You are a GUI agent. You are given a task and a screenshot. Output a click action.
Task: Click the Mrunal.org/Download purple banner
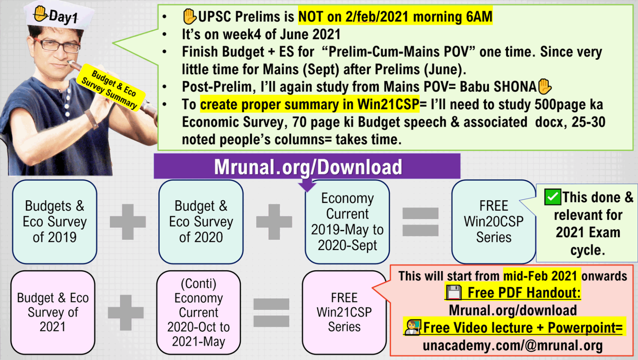tap(307, 167)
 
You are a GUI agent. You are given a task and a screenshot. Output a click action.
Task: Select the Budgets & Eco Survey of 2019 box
tap(54, 222)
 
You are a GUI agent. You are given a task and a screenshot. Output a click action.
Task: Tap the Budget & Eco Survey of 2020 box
tap(201, 222)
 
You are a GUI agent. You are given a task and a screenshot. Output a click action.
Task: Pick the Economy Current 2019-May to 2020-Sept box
tap(347, 222)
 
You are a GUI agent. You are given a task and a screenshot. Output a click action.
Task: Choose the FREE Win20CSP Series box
tap(493, 222)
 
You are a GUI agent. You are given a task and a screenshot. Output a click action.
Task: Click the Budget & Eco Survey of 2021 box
tap(53, 312)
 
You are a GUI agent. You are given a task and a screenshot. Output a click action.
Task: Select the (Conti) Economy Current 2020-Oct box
tap(199, 312)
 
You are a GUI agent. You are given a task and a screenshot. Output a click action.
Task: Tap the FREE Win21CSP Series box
tap(344, 312)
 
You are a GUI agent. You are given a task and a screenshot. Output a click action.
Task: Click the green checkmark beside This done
tap(552, 197)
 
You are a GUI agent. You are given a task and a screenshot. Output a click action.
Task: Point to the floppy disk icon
tap(454, 292)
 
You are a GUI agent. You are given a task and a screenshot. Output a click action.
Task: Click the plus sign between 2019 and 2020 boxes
tap(128, 222)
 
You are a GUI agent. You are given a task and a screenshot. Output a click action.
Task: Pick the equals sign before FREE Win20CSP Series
tap(420, 222)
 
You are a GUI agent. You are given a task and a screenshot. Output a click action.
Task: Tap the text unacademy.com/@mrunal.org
tap(513, 345)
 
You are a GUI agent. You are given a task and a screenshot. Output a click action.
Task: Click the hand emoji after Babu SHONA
tap(545, 86)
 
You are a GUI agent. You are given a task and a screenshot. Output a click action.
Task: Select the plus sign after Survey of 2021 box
tap(126, 312)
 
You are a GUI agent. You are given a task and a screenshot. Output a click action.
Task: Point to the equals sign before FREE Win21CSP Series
tap(271, 312)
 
